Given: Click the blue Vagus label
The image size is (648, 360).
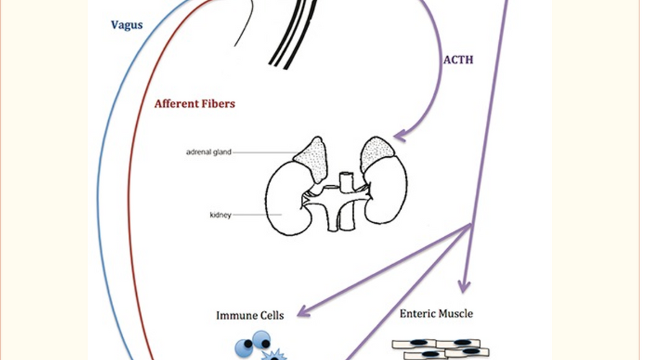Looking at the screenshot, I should (x=127, y=25).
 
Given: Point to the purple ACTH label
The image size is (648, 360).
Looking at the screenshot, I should (x=458, y=60).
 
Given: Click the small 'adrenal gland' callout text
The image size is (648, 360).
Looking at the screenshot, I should (x=208, y=153).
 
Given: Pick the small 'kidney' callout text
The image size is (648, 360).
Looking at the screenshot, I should (x=220, y=215).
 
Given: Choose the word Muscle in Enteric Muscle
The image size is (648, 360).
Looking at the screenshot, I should (x=457, y=314).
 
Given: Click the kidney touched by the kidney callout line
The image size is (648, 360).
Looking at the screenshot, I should (x=288, y=198).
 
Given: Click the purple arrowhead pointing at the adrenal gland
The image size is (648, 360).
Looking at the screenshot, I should (x=399, y=135).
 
